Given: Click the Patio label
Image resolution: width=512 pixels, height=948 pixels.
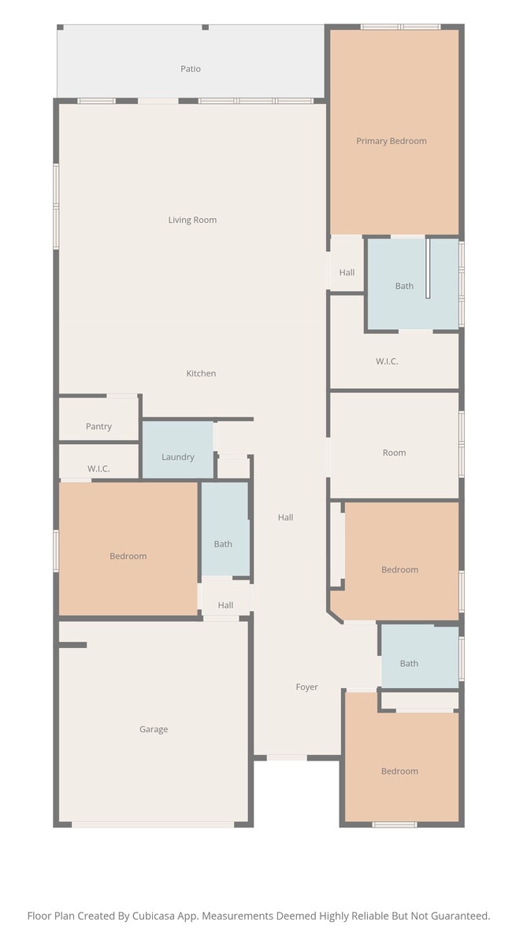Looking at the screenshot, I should [191, 69].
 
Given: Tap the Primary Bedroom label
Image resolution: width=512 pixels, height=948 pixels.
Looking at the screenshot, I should [391, 141].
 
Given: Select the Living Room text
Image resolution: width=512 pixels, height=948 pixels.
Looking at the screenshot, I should [192, 220].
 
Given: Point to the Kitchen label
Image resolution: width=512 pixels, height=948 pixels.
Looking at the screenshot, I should [201, 373].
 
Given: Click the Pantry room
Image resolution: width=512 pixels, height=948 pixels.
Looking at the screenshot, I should [99, 426].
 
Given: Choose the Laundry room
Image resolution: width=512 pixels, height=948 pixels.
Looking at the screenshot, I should [178, 457].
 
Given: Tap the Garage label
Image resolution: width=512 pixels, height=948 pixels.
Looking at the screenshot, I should [154, 729].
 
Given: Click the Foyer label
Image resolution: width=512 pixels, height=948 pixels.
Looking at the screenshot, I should [307, 687].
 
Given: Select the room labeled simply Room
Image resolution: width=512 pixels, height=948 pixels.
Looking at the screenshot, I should [395, 453].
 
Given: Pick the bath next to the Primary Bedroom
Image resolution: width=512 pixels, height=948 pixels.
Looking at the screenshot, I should [404, 286].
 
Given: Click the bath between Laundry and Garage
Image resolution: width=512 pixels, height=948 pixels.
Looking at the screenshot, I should [223, 543].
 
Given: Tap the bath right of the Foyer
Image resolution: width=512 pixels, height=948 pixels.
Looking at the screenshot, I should [409, 663].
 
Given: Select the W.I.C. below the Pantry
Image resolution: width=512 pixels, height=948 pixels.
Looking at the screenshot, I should [98, 468].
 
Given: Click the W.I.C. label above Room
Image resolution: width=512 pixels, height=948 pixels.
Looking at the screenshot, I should [387, 361].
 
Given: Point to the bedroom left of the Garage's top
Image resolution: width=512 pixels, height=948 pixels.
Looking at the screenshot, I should [128, 556].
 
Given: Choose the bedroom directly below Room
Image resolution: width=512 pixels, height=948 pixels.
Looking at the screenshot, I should [400, 569].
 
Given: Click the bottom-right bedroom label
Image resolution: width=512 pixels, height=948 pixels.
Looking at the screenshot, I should [400, 771].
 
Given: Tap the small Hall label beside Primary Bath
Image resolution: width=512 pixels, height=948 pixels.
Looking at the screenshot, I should [347, 272].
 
